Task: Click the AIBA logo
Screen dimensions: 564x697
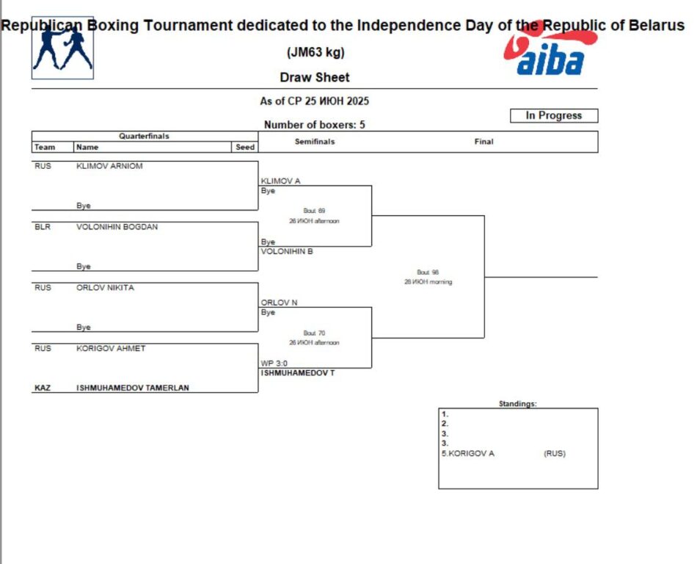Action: click(551, 56)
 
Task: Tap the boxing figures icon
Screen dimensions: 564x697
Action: click(62, 48)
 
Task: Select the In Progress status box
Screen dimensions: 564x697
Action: click(554, 115)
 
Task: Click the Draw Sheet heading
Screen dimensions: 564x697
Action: click(315, 77)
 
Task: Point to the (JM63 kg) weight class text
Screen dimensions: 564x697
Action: click(315, 53)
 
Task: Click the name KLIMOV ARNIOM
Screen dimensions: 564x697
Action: click(109, 166)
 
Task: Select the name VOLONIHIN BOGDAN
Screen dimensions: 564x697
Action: click(117, 227)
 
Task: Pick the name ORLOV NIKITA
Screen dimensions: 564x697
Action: click(105, 288)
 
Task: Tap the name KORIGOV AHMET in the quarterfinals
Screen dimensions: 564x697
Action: click(111, 349)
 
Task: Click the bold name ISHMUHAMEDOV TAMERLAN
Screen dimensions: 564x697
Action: click(132, 388)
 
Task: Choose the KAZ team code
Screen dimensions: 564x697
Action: click(43, 388)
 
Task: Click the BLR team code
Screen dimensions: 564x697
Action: click(43, 227)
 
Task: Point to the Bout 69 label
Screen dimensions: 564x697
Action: click(314, 211)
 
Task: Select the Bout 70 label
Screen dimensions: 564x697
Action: click(314, 333)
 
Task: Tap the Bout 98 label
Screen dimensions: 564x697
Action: click(428, 272)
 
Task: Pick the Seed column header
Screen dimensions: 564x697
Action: click(245, 147)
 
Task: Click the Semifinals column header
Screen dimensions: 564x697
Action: click(315, 142)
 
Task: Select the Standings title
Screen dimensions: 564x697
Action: click(517, 404)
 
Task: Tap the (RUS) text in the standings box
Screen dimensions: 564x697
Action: click(555, 453)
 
